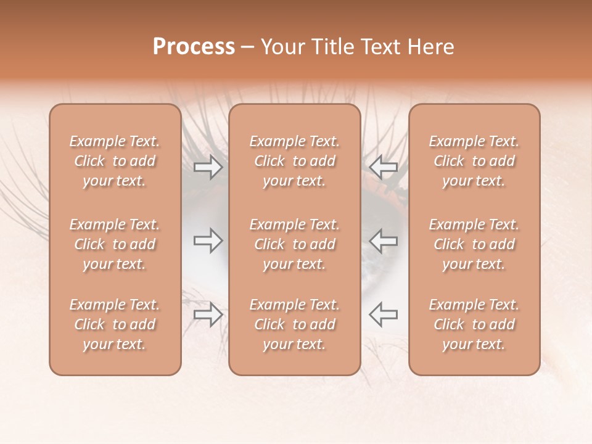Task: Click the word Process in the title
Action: click(194, 47)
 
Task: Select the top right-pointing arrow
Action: click(208, 167)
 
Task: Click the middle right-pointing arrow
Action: click(208, 240)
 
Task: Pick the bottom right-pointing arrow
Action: click(208, 314)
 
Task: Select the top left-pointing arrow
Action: click(383, 167)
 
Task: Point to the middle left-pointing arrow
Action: click(383, 240)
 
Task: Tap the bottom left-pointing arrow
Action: click(383, 314)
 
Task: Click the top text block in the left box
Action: click(115, 161)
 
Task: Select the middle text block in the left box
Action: click(115, 244)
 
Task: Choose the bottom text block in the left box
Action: click(115, 324)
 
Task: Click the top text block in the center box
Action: click(295, 161)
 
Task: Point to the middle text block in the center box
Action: click(295, 244)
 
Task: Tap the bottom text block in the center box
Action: click(295, 324)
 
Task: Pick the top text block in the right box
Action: click(474, 161)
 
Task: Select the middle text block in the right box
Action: click(474, 244)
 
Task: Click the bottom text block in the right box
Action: click(474, 324)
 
